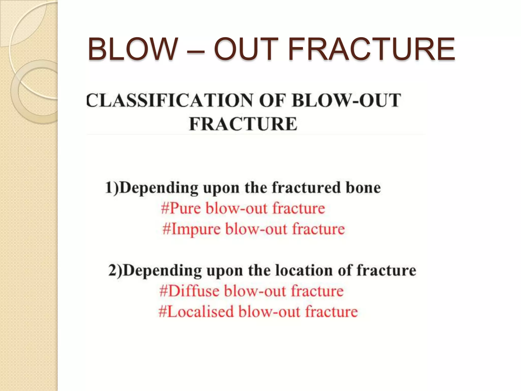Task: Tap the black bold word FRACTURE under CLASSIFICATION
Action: (x=243, y=124)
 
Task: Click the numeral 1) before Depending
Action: (x=112, y=188)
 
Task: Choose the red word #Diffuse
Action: (x=190, y=291)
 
